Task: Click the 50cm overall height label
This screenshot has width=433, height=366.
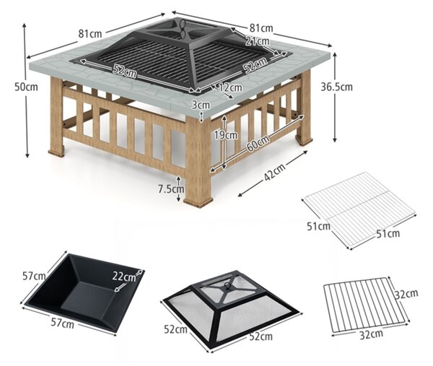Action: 26,87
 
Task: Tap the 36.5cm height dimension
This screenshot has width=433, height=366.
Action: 336,87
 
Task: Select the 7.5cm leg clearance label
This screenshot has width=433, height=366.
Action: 171,189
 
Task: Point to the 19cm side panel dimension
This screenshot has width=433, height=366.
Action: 226,135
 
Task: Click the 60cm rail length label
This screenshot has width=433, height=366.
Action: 258,144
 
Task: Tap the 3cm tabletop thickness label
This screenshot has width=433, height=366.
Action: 201,105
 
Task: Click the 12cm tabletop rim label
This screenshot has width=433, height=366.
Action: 231,87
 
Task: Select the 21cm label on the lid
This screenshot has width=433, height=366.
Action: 257,41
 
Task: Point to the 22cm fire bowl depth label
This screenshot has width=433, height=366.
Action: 124,276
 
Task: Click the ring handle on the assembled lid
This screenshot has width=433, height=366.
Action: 182,27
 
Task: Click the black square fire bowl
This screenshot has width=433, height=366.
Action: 83,293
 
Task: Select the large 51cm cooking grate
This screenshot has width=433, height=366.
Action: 359,211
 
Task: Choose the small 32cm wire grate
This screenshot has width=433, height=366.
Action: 366,305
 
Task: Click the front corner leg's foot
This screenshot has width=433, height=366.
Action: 198,201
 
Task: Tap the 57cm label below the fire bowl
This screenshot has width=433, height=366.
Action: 62,323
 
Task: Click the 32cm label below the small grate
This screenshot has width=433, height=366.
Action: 371,334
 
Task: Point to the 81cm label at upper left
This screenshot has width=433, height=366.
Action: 90,34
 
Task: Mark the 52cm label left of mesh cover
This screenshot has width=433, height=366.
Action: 175,329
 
